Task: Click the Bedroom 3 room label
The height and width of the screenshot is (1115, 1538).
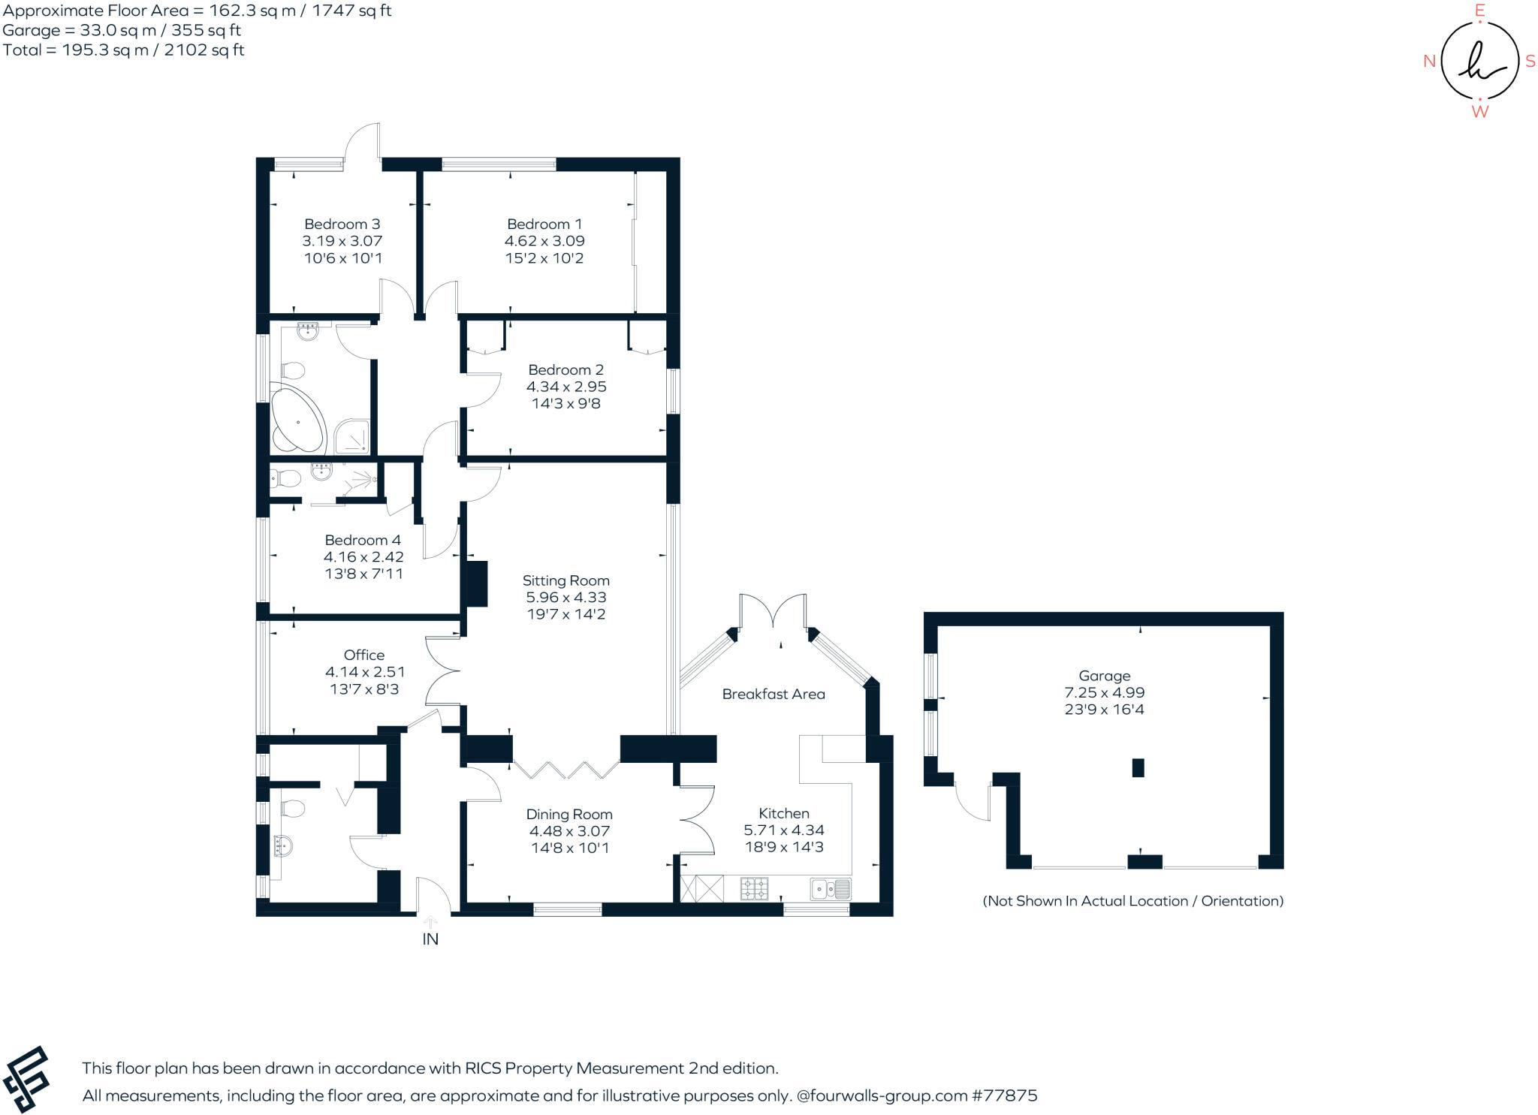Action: coord(342,224)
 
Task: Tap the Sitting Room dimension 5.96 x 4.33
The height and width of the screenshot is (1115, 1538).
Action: coord(566,598)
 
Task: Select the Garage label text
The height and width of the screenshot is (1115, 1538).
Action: coord(1104,677)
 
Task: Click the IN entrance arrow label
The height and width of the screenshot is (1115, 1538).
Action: coord(430,939)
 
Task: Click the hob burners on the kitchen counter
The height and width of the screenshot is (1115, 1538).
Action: coord(754,889)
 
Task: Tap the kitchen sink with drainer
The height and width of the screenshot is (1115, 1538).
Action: coord(831,889)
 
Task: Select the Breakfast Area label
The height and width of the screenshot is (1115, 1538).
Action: coord(774,695)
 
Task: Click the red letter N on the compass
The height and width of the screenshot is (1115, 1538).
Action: coord(1430,62)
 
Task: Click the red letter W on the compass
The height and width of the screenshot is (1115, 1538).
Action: coord(1479,112)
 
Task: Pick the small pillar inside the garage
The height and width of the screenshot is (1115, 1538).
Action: coord(1138,767)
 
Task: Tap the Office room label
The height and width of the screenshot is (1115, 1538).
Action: coord(364,655)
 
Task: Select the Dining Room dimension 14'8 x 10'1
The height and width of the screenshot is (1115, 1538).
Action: coord(569,848)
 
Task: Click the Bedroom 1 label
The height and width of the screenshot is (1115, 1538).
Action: coord(544,225)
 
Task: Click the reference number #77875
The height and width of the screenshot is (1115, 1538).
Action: coord(1005,1095)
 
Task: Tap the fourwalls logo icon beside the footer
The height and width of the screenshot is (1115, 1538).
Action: coord(26,1079)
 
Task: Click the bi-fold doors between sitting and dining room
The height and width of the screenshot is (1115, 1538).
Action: coord(567,770)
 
